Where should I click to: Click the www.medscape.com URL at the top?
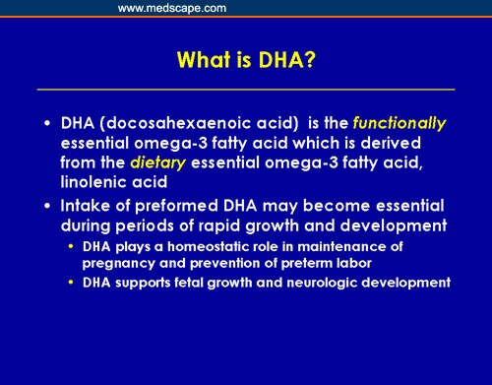[x=172, y=8]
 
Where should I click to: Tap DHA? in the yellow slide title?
[x=289, y=60]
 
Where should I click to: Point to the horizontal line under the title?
[x=246, y=90]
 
